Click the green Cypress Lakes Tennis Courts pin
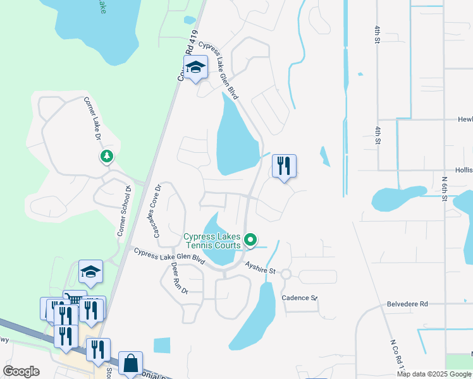point(250,239)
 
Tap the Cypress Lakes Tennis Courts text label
point(212,241)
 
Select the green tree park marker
point(106,156)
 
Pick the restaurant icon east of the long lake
point(284,166)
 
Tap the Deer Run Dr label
point(175,279)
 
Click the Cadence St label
point(299,298)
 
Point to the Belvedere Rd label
point(407,304)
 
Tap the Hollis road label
point(463,170)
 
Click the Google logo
point(21,371)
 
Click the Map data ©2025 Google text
point(434,374)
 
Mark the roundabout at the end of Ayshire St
point(285,274)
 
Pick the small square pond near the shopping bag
point(162,346)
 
